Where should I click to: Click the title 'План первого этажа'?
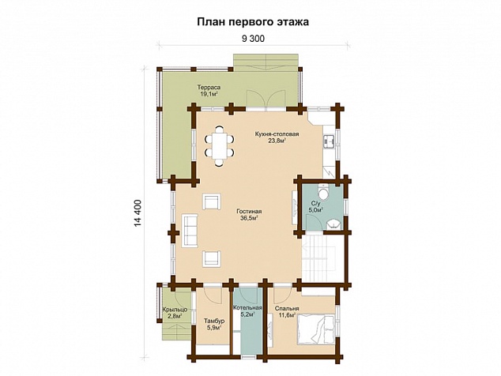click(x=253, y=22)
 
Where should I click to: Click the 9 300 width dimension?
click(x=253, y=39)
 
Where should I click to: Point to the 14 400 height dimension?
click(x=137, y=213)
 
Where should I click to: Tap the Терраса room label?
click(x=209, y=87)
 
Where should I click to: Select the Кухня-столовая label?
click(x=277, y=134)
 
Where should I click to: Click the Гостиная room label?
click(x=249, y=212)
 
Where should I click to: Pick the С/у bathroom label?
click(x=315, y=203)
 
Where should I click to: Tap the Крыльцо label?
click(x=175, y=310)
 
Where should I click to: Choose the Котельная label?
click(x=247, y=308)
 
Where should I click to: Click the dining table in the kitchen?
click(x=219, y=145)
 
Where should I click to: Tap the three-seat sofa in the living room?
click(x=190, y=231)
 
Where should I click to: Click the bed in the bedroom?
click(x=316, y=329)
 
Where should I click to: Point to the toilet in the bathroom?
click(x=323, y=193)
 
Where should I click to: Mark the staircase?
click(x=318, y=258)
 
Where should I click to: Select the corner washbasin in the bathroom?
click(x=334, y=224)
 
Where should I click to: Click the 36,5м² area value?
click(x=249, y=218)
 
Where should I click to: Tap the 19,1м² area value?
click(x=209, y=94)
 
